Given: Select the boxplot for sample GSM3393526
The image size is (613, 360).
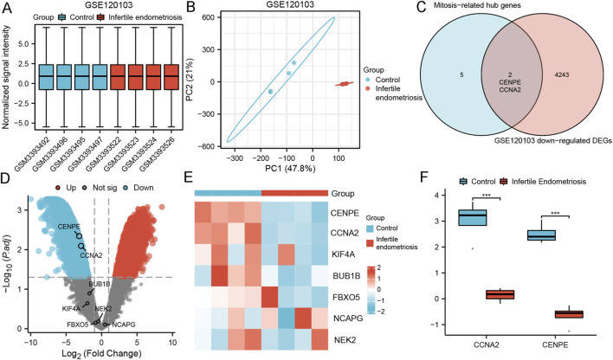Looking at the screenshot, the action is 171,77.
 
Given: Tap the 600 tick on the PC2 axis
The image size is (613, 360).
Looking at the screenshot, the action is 208,17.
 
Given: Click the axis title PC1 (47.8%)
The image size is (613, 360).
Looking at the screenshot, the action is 289,168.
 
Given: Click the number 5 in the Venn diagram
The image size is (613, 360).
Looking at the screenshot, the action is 461,74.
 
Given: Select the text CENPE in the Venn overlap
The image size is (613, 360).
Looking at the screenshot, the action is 511,82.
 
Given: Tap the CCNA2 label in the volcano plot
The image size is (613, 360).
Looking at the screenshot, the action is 91,255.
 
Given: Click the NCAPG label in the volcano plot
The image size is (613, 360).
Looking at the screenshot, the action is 124,325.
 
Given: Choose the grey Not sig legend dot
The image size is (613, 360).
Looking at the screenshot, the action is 86,188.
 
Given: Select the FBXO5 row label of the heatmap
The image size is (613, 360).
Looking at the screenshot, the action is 346,298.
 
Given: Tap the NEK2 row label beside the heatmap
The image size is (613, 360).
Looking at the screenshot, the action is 345,340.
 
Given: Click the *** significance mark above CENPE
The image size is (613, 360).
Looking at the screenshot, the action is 555,214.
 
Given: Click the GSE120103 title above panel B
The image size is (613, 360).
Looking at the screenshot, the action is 290,5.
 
